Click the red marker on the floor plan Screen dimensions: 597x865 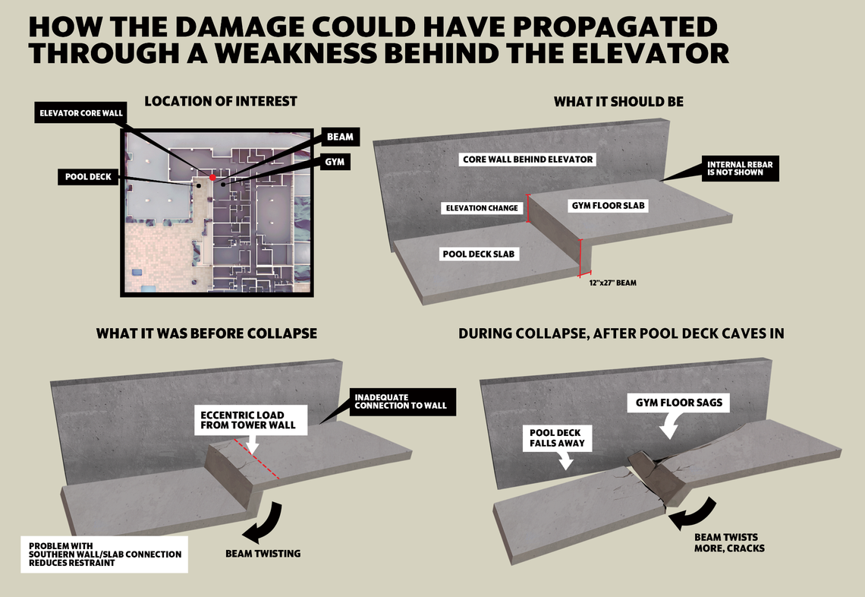213,177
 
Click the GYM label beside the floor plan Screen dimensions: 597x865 334,163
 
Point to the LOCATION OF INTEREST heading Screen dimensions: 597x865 221,101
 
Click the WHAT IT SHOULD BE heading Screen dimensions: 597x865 618,101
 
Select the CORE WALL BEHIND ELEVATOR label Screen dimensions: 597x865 528,160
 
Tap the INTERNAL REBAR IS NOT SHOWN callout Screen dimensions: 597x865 735,169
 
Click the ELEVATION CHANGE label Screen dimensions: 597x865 483,208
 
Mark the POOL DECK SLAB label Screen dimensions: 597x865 477,254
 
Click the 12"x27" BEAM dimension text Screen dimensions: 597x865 612,283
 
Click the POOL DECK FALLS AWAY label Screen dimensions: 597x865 557,437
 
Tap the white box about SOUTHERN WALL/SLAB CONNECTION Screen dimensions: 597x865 104,554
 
